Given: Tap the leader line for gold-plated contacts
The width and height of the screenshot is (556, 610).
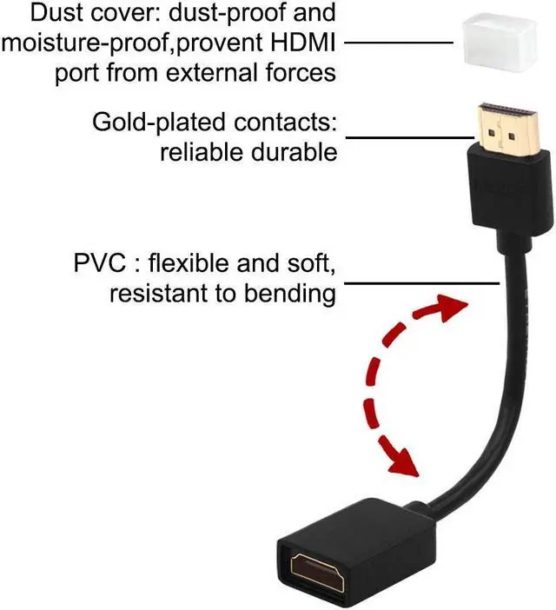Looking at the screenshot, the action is click(409, 136).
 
